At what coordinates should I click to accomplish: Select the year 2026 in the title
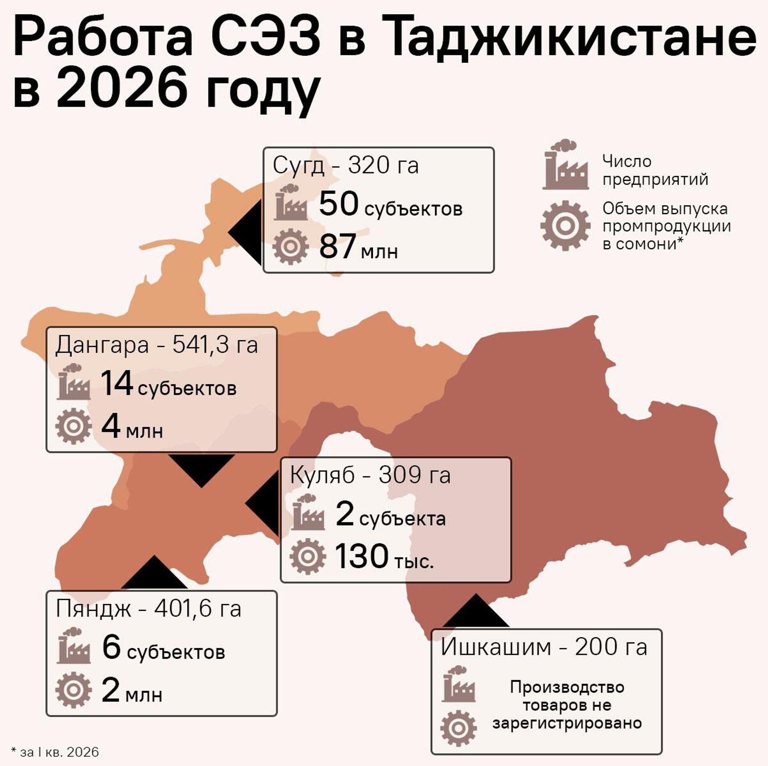pyautogui.click(x=122, y=89)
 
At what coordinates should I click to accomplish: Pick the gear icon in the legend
pyautogui.click(x=565, y=225)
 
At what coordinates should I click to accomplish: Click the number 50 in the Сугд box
pyautogui.click(x=338, y=204)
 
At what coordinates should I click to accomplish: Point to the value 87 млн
pyautogui.click(x=358, y=246)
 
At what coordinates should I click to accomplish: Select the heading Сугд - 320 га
pyautogui.click(x=346, y=165)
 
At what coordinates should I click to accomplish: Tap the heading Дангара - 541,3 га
pyautogui.click(x=156, y=345)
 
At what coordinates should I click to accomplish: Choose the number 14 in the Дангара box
pyautogui.click(x=116, y=383)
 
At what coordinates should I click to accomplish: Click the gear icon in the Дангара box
pyautogui.click(x=73, y=426)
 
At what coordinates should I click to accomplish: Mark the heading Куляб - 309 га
pyautogui.click(x=370, y=475)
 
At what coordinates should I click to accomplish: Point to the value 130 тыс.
pyautogui.click(x=384, y=557)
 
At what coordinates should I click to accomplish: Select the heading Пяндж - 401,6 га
pyautogui.click(x=148, y=609)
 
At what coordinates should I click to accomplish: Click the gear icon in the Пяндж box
pyautogui.click(x=73, y=690)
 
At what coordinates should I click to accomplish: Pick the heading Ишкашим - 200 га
pyautogui.click(x=544, y=647)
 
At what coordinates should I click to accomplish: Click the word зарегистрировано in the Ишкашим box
pyautogui.click(x=567, y=723)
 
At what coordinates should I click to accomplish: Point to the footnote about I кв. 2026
pyautogui.click(x=55, y=752)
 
